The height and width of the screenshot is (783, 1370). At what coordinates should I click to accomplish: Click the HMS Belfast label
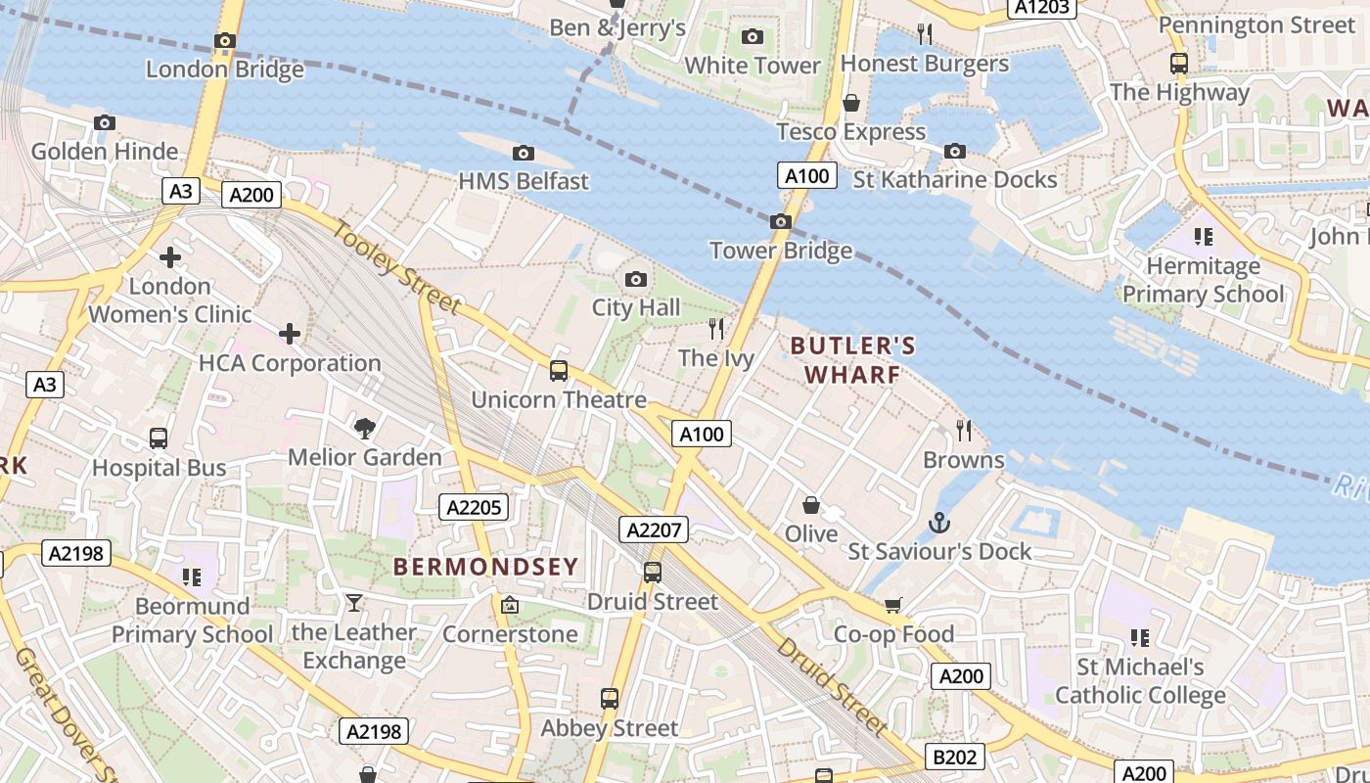[524, 181]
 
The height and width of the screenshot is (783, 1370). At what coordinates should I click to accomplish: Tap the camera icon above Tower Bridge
[780, 221]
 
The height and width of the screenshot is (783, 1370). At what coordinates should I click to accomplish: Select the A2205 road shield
[474, 507]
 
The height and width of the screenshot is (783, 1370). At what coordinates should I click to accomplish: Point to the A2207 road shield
[655, 530]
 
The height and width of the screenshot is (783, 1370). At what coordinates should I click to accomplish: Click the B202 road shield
[954, 757]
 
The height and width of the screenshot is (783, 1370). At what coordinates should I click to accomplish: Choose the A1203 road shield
[1042, 8]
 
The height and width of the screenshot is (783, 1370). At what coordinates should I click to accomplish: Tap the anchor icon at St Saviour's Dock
[939, 523]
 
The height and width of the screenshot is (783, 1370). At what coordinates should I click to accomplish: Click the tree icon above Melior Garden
[365, 428]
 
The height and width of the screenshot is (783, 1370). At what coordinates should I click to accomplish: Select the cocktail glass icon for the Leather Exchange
[353, 603]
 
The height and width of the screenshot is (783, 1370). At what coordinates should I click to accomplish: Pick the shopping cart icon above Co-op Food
[892, 605]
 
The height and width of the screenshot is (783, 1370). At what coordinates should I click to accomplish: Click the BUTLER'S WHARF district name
[852, 360]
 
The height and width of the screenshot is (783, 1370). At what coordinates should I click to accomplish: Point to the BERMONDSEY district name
[485, 567]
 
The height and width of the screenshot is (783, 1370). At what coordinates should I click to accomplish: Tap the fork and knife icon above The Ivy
[716, 329]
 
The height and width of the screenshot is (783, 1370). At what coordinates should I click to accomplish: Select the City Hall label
[635, 308]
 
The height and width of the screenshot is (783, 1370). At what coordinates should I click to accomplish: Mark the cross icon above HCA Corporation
[290, 334]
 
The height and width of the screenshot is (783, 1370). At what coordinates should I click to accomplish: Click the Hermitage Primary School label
[1203, 280]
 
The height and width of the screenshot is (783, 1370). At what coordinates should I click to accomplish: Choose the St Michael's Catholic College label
[1140, 681]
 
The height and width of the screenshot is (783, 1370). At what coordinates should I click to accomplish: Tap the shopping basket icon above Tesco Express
[851, 103]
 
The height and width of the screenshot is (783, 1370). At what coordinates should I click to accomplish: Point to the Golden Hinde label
[105, 152]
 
